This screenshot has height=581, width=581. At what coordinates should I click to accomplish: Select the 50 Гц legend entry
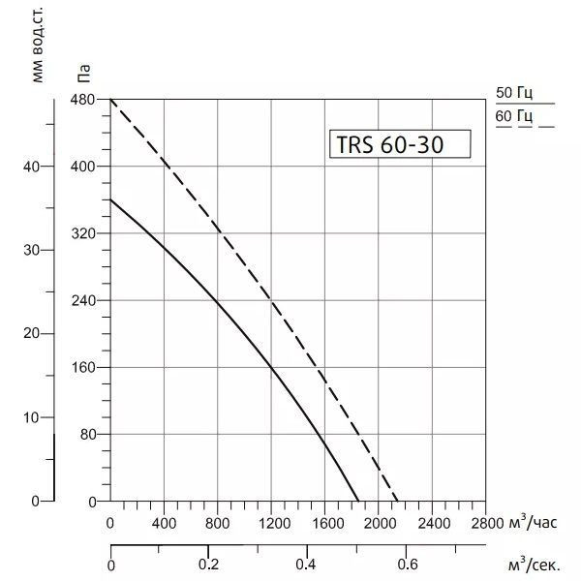tap(514, 94)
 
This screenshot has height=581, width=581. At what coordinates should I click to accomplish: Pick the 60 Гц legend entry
tap(514, 118)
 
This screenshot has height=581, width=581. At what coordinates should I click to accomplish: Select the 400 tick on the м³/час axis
tap(164, 524)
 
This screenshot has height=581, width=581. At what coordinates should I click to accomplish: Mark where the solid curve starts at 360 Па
tap(109, 199)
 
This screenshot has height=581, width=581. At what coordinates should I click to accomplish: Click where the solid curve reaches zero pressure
tap(358, 502)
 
